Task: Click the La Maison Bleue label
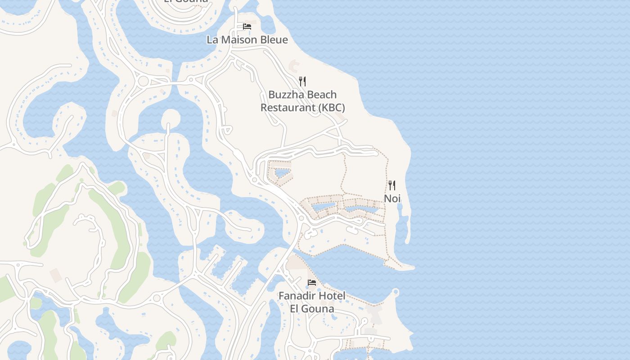pyautogui.click(x=247, y=40)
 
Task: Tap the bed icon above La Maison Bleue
pyautogui.click(x=247, y=27)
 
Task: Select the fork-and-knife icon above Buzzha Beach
pyautogui.click(x=302, y=81)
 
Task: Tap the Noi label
pyautogui.click(x=392, y=198)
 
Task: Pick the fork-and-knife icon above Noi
pyautogui.click(x=392, y=185)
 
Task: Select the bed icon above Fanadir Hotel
pyautogui.click(x=311, y=283)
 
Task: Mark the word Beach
pyautogui.click(x=320, y=95)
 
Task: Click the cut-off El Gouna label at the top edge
pyautogui.click(x=186, y=1)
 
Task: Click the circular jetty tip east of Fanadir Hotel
pyautogui.click(x=396, y=292)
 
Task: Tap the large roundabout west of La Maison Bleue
pyautogui.click(x=144, y=81)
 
